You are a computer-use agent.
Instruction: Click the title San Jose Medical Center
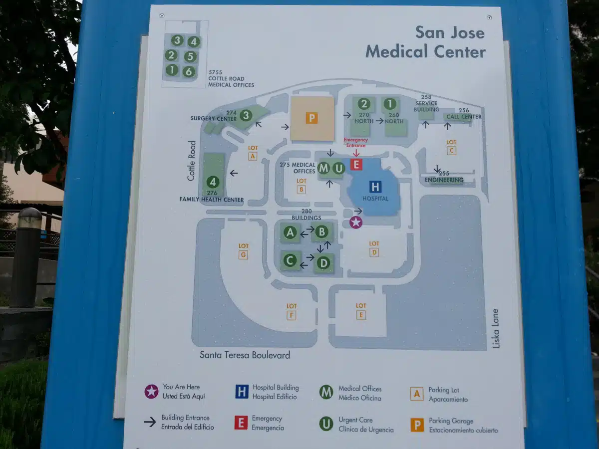pos(425,42)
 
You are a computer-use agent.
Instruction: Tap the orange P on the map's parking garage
pos(312,118)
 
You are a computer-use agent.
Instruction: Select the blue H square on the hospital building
pos(375,187)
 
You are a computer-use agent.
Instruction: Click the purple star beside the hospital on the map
pos(355,223)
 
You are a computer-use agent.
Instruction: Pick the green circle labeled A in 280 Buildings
pos(290,232)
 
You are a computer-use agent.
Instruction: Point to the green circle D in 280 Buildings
pos(323,262)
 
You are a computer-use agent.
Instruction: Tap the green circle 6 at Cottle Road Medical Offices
pos(188,71)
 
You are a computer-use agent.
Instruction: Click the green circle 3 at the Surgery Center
pos(246,116)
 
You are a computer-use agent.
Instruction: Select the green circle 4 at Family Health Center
pos(213,182)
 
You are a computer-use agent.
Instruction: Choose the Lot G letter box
pos(243,255)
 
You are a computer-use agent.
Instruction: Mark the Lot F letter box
pos(292,315)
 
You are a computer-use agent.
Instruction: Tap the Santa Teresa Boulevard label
pos(245,355)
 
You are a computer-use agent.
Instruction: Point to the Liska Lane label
pos(495,328)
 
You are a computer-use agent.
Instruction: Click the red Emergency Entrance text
pos(355,143)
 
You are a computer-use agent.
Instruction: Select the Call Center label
pos(464,117)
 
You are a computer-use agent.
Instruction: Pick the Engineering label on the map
pos(444,180)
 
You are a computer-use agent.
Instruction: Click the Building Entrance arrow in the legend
pos(150,422)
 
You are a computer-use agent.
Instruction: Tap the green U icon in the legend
pos(326,424)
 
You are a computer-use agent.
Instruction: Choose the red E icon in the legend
pos(241,423)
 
